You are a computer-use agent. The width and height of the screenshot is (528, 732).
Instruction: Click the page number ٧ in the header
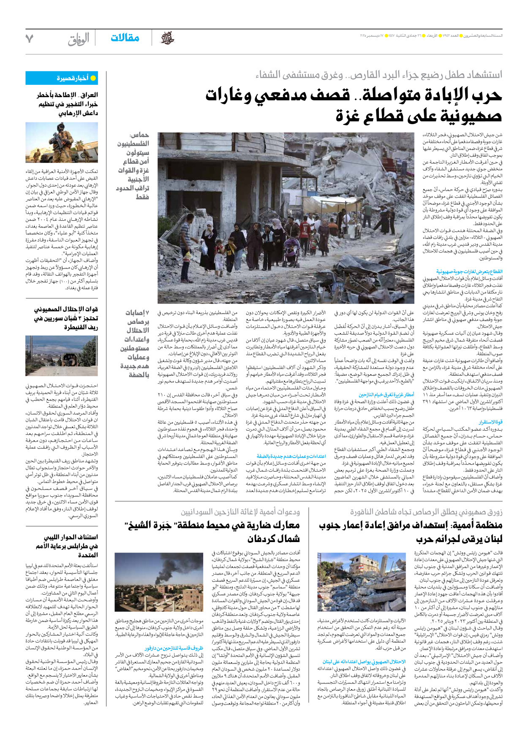point(29,38)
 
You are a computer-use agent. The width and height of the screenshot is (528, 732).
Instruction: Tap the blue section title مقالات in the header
point(125,38)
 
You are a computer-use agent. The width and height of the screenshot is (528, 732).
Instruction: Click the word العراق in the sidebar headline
point(89,95)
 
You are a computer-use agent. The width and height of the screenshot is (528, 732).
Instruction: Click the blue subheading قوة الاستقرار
point(490,422)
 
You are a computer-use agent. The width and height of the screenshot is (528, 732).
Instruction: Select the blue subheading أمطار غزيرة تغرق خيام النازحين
point(386,394)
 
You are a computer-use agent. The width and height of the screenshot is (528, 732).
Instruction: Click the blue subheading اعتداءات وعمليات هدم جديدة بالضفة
point(291,456)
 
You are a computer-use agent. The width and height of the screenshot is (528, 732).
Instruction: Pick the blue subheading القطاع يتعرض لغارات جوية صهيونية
point(469,271)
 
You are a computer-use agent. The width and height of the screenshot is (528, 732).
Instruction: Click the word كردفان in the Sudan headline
point(264,539)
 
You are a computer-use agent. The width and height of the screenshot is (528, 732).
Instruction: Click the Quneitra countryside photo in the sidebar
point(62,355)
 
